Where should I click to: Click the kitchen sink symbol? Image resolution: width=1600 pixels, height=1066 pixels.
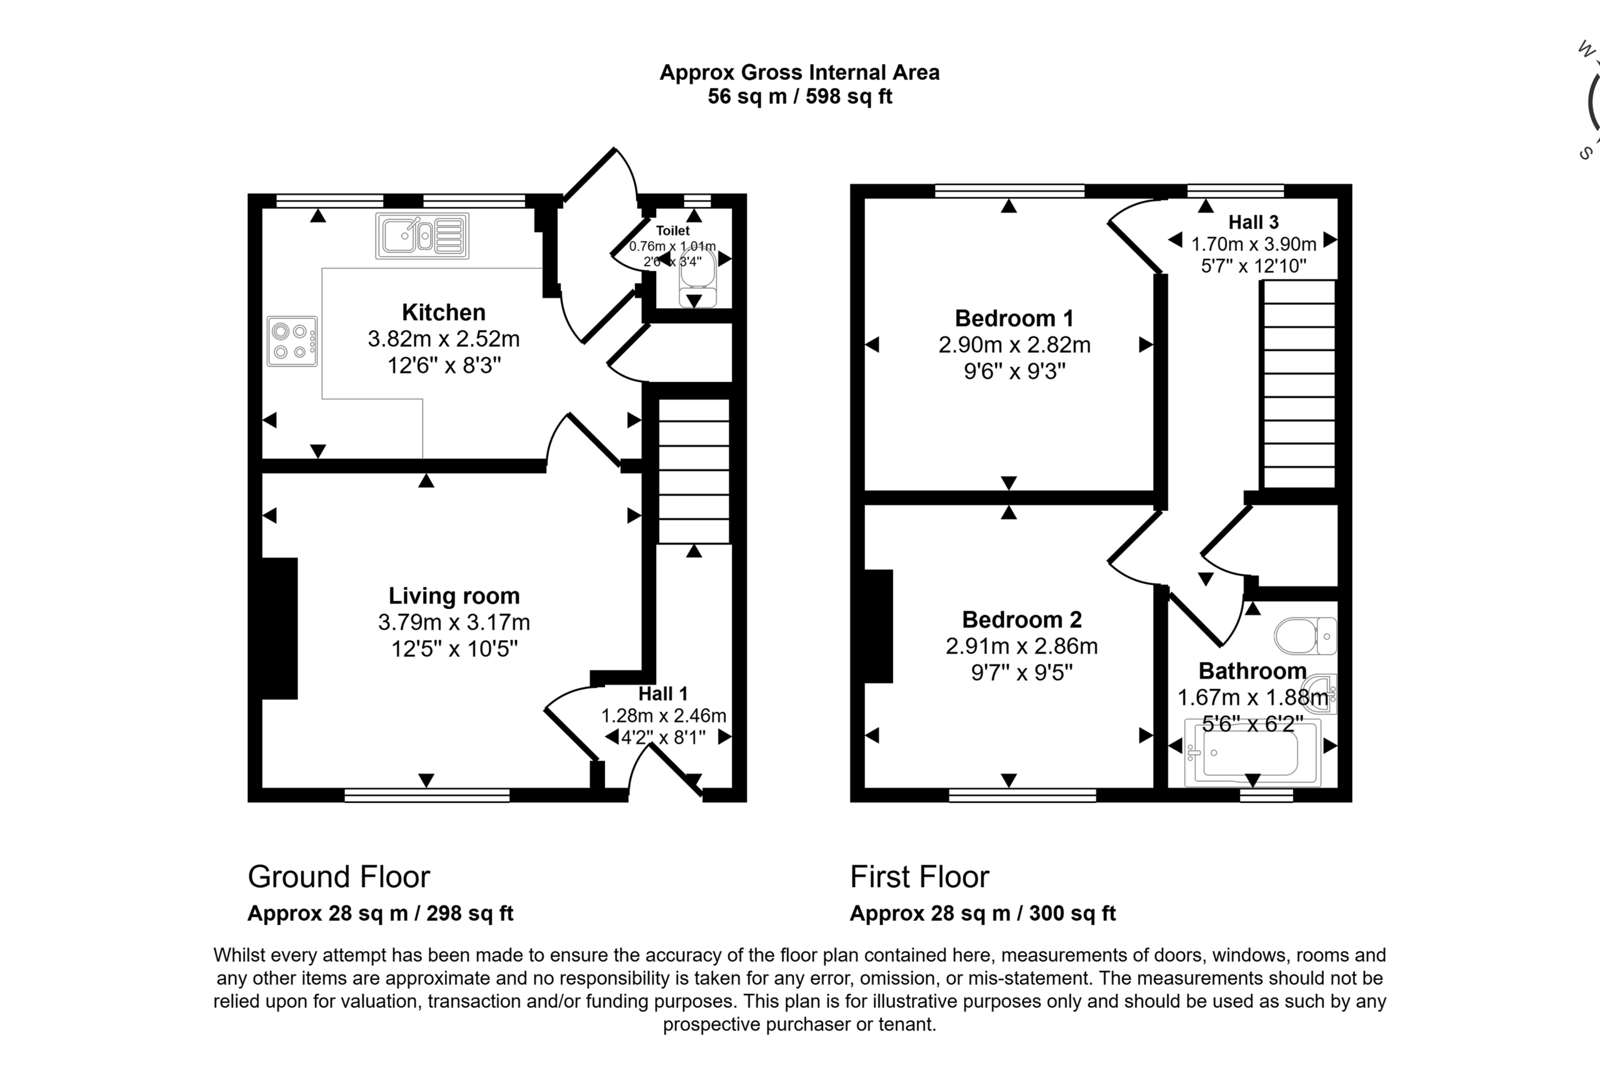pyautogui.click(x=422, y=236)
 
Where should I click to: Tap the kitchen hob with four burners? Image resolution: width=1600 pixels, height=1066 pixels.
pyautogui.click(x=292, y=341)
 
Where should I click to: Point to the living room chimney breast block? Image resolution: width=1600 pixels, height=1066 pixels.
pyautogui.click(x=279, y=628)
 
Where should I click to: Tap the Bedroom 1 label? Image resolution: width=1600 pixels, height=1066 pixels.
pyautogui.click(x=1014, y=318)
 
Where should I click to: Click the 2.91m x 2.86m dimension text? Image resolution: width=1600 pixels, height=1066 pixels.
pyautogui.click(x=1021, y=646)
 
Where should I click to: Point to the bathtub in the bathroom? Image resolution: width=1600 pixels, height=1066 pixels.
pyautogui.click(x=1252, y=753)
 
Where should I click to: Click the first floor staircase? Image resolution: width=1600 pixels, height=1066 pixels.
pyautogui.click(x=1299, y=384)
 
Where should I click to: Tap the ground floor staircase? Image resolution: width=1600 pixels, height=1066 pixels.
pyautogui.click(x=693, y=471)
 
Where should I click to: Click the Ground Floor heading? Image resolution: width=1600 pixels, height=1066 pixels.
pyautogui.click(x=339, y=877)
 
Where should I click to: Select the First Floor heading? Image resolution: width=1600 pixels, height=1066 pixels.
pyautogui.click(x=919, y=877)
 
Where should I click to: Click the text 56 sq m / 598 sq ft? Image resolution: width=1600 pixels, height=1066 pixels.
pyautogui.click(x=799, y=96)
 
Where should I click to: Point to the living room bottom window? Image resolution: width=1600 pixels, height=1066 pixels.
pyautogui.click(x=427, y=795)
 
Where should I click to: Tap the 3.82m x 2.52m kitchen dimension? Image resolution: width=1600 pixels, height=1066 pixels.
pyautogui.click(x=444, y=338)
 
